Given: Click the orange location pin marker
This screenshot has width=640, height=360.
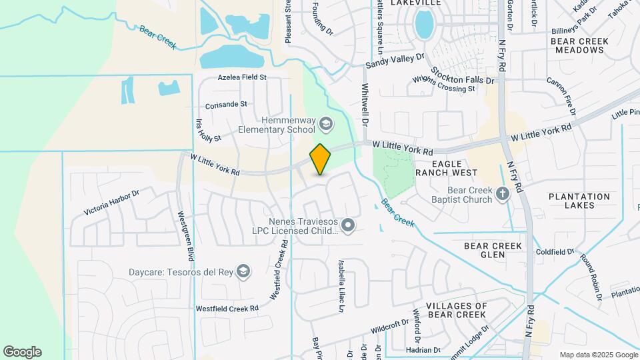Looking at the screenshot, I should click(x=321, y=159).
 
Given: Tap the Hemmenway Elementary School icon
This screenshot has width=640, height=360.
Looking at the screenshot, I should click(x=326, y=123).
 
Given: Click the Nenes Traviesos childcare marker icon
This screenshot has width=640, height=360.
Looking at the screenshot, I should click(x=347, y=226).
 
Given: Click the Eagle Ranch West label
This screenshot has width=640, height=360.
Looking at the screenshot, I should click(x=446, y=167).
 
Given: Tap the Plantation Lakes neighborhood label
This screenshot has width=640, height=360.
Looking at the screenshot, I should click(x=579, y=201).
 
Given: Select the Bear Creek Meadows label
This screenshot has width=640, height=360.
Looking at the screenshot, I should click(x=580, y=45).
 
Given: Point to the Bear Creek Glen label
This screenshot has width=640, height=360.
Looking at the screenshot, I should click(x=493, y=250).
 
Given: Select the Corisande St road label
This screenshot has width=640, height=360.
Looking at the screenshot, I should click(x=226, y=105).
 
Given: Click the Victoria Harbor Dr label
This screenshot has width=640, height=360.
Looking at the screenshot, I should click(x=111, y=203).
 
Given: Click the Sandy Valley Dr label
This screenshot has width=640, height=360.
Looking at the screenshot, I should click(x=395, y=61).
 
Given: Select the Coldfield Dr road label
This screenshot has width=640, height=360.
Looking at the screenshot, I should click(x=555, y=252).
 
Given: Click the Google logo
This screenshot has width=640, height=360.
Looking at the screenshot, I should click(x=22, y=352).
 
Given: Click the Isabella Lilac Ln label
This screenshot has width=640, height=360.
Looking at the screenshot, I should click(x=341, y=286).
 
